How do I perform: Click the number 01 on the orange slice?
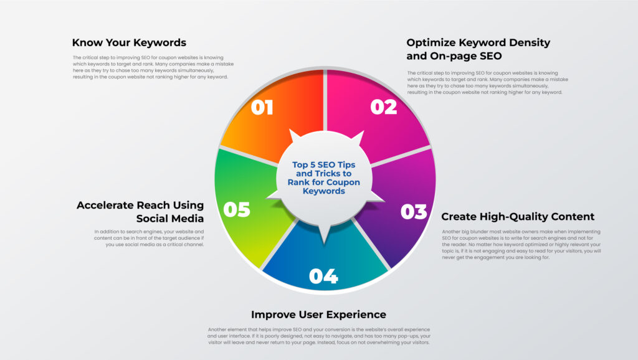pyautogui.click(x=262, y=107)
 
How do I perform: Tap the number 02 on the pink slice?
pyautogui.click(x=383, y=107)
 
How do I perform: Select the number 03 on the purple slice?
pyautogui.click(x=414, y=212)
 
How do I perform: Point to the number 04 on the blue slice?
pyautogui.click(x=323, y=276)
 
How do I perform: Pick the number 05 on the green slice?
pyautogui.click(x=237, y=209)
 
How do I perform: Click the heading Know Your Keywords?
pyautogui.click(x=129, y=43)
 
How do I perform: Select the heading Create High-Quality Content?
pyautogui.click(x=518, y=216)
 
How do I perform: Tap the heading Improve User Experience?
pyautogui.click(x=318, y=315)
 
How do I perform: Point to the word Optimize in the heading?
pyautogui.click(x=430, y=43)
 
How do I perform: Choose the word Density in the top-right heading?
pyautogui.click(x=528, y=43)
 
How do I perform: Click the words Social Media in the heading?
pyautogui.click(x=170, y=219)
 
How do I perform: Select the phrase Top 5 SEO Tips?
pyautogui.click(x=324, y=165)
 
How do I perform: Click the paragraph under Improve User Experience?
pyautogui.click(x=319, y=336)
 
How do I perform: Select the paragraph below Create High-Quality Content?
pyautogui.click(x=521, y=245)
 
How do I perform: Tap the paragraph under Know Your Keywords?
pyautogui.click(x=153, y=67)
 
